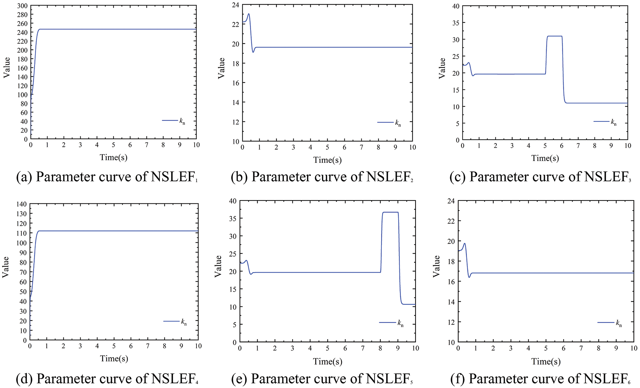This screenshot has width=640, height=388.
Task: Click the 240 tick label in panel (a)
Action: click(22, 32)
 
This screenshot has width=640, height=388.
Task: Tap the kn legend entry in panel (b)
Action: click(390, 123)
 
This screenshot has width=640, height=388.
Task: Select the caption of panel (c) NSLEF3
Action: click(540, 177)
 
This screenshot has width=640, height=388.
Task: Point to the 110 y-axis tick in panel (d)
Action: click(21, 233)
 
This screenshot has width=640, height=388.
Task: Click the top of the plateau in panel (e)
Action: click(390, 212)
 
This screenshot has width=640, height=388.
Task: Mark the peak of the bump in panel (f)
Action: click(464, 244)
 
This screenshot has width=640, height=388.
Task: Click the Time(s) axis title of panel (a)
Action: click(114, 158)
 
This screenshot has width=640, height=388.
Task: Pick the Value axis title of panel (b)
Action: click(221, 68)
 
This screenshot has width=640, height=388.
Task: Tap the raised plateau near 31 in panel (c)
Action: click(554, 36)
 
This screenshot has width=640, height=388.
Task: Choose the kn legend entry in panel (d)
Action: click(175, 322)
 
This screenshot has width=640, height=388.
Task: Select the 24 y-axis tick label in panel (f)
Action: click(451, 201)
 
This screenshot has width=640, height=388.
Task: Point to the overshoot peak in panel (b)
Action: click(249, 14)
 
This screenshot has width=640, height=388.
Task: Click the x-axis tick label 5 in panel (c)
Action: click(545, 146)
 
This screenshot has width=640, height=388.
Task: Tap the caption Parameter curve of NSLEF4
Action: click(107, 379)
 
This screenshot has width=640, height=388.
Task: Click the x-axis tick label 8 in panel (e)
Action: click(380, 348)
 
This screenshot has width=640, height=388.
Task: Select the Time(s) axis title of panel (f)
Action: click(546, 362)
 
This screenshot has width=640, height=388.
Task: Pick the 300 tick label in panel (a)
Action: click(22, 6)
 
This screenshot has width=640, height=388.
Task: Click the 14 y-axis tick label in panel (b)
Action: click(235, 102)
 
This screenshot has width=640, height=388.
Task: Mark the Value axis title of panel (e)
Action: click(218, 266)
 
